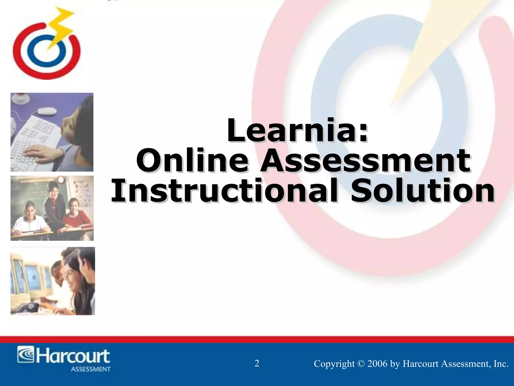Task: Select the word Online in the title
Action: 192,160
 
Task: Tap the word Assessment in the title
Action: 365,160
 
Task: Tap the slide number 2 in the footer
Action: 257,363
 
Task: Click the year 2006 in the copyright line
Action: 377,364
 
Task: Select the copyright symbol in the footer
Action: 361,364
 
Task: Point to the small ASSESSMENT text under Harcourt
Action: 91,369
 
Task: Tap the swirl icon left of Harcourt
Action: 26,355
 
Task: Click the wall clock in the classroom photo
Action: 61,179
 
